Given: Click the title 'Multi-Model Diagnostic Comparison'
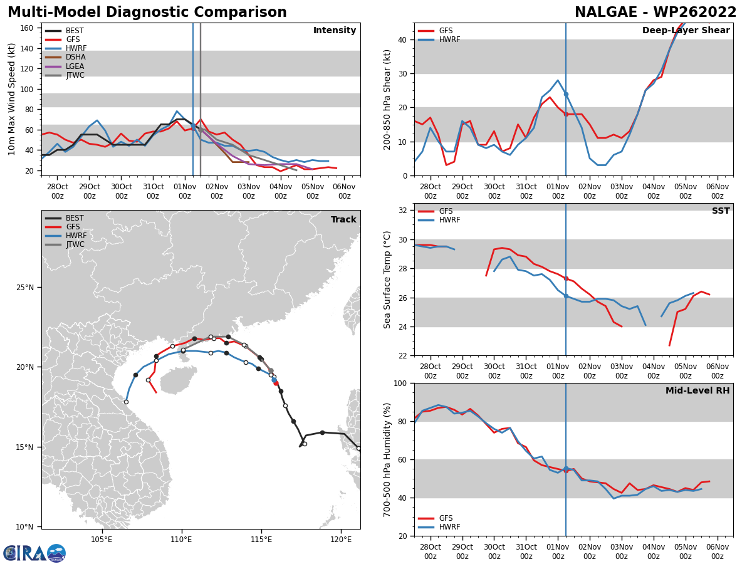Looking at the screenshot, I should [x=147, y=13].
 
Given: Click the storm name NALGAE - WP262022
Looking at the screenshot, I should [x=655, y=13].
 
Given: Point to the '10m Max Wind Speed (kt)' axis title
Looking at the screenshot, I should [x=12, y=99].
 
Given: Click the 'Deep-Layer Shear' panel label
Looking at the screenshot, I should [x=686, y=31].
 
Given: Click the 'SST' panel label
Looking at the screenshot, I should [x=721, y=211].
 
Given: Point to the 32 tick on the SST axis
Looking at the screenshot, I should [x=402, y=211].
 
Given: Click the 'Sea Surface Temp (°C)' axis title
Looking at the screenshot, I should [x=387, y=279].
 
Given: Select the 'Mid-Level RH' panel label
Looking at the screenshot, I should [x=697, y=391].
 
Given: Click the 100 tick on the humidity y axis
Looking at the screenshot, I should [x=400, y=384].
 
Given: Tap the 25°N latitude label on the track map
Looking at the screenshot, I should [x=26, y=288].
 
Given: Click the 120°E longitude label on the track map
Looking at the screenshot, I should [x=341, y=539].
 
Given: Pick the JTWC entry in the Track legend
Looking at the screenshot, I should [x=75, y=244].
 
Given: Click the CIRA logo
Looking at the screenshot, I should [x=34, y=553].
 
